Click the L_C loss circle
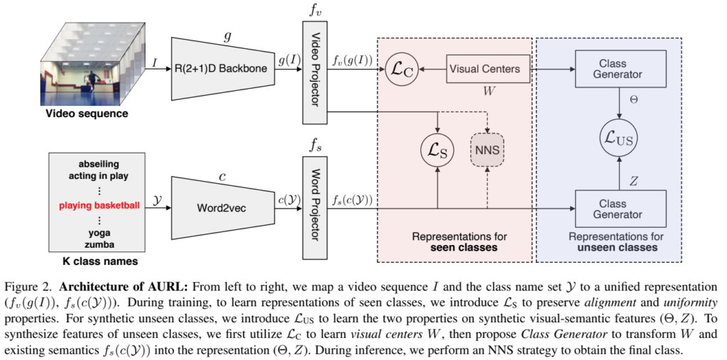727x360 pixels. click(x=401, y=70)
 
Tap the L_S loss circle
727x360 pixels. click(x=437, y=150)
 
